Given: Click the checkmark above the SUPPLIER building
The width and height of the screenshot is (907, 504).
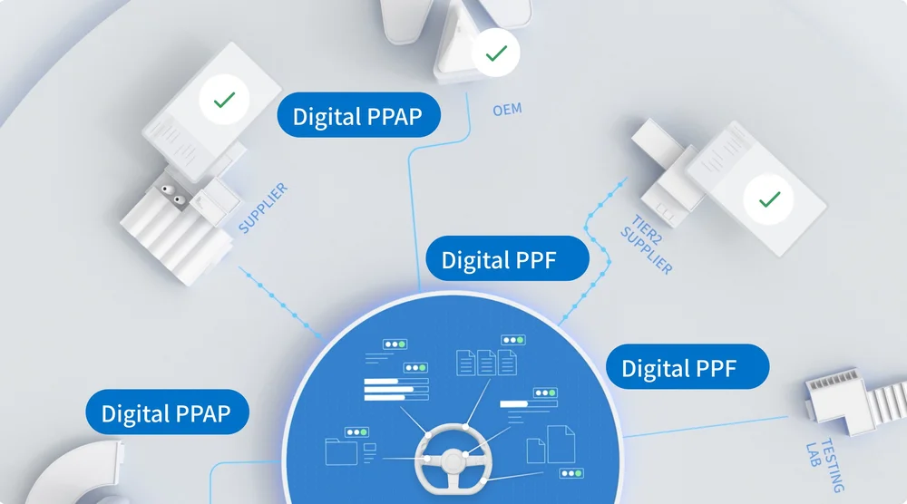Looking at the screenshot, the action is pyautogui.click(x=223, y=101).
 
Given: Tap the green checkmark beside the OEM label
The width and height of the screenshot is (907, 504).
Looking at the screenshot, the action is pyautogui.click(x=495, y=54).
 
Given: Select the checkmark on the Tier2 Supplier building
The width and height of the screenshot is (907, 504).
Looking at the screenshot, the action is pyautogui.click(x=769, y=199).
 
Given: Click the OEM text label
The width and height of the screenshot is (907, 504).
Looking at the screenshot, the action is pyautogui.click(x=507, y=111).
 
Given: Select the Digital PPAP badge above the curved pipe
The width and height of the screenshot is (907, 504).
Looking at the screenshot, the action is pyautogui.click(x=166, y=413).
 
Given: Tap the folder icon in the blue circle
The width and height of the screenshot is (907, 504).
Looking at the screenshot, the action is pyautogui.click(x=339, y=453).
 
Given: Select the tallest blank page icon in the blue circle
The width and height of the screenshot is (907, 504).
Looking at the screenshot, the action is pyautogui.click(x=562, y=446).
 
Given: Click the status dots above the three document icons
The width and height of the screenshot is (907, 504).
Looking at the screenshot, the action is pyautogui.click(x=512, y=340).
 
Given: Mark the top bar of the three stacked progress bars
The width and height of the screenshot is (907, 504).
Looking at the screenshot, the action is pyautogui.click(x=395, y=383).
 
